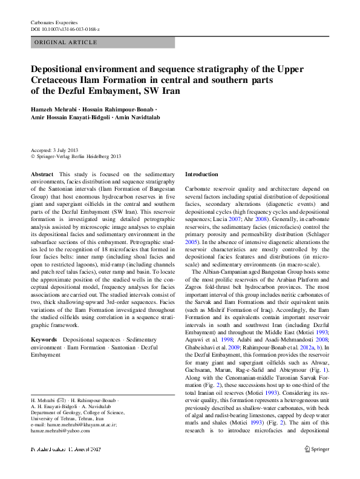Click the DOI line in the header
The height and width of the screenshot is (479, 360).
tap(65, 29)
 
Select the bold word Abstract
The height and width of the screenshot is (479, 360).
tap(42, 174)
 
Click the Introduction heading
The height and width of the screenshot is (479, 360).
tap(201, 174)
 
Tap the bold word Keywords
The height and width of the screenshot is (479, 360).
tap(44, 340)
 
